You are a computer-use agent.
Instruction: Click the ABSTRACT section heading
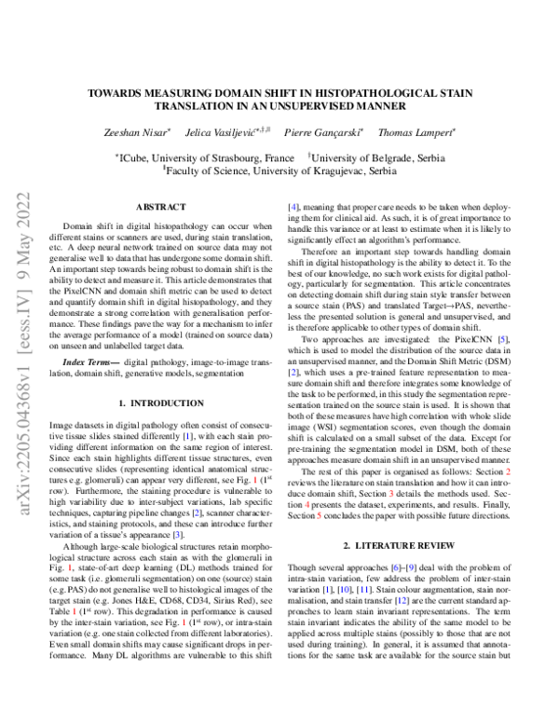pos(161,207)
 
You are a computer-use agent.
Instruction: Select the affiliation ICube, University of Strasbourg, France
pos(197,158)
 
